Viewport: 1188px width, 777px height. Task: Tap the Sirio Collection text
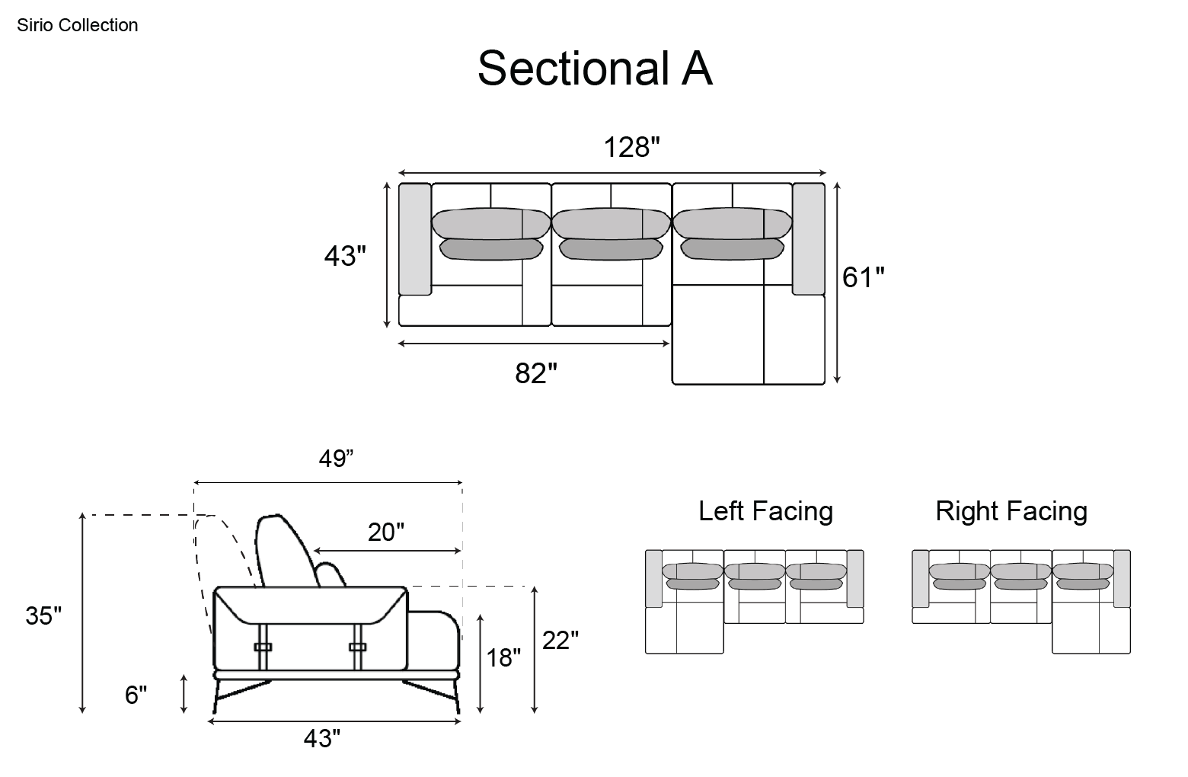pyautogui.click(x=78, y=25)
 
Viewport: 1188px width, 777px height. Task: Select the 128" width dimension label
pyautogui.click(x=631, y=147)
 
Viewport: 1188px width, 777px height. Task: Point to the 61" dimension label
pyautogui.click(x=864, y=277)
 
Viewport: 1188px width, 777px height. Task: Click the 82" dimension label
pyautogui.click(x=536, y=373)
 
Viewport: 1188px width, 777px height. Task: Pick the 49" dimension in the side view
pyautogui.click(x=336, y=459)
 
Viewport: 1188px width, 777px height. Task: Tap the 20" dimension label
pyautogui.click(x=386, y=532)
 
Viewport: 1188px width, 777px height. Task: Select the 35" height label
pyautogui.click(x=43, y=616)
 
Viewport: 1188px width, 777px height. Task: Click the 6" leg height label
pyautogui.click(x=136, y=695)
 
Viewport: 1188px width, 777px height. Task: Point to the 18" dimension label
pyautogui.click(x=503, y=657)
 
